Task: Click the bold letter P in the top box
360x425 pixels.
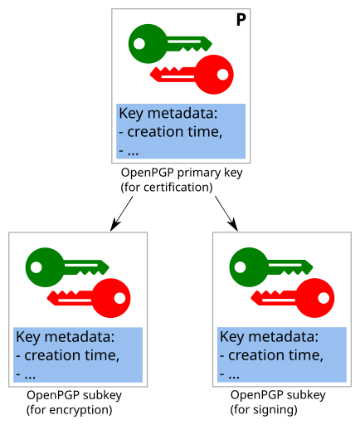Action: coord(241,20)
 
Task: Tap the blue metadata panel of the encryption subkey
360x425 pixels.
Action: coord(78,354)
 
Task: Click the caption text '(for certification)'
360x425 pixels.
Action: coord(167,187)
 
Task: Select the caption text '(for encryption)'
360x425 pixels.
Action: coord(69,409)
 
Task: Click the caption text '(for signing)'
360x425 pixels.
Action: coord(264,409)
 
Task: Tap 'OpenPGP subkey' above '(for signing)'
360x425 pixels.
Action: coord(278,395)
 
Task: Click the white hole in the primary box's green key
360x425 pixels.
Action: coord(140,42)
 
